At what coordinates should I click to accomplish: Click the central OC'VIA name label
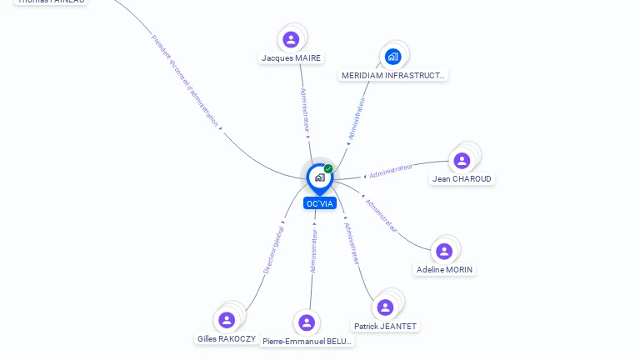tap(320, 203)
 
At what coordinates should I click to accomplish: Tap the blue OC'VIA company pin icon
tap(319, 177)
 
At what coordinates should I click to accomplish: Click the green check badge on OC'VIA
tap(328, 169)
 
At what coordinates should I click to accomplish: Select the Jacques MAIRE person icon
tap(291, 39)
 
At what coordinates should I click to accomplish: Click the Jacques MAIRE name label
tap(291, 58)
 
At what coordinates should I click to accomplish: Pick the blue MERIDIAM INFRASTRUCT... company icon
tap(392, 57)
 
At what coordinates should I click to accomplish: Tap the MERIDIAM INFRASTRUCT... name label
tap(393, 75)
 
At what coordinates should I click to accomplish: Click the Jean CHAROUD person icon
tap(462, 161)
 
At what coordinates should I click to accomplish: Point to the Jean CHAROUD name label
tap(462, 179)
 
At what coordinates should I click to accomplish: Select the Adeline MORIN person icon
tap(444, 251)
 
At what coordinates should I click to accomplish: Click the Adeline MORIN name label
tap(444, 270)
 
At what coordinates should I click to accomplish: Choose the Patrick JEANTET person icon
tap(385, 307)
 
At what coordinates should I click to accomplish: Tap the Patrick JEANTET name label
tap(385, 327)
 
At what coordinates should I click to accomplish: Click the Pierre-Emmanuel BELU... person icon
tap(307, 322)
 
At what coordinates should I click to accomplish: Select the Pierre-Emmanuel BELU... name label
tap(307, 342)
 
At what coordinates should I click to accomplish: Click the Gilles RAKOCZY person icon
tap(227, 320)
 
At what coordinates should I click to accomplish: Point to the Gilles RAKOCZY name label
tap(227, 339)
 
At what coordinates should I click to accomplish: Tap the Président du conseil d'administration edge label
tap(186, 81)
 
